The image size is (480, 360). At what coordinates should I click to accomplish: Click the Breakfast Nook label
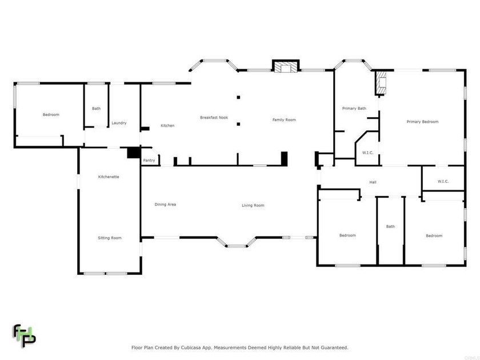point(214,118)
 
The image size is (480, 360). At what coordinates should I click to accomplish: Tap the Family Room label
point(284,120)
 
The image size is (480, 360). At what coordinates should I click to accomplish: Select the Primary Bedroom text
point(422,122)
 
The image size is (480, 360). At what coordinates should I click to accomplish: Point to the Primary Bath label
point(354,109)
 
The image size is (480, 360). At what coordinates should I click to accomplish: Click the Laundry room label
point(119,123)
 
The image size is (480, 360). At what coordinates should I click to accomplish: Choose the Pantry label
point(149,161)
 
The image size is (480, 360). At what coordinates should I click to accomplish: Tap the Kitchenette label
point(109,177)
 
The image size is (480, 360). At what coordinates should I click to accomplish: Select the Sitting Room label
point(109,238)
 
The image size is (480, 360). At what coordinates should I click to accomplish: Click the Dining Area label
point(165,205)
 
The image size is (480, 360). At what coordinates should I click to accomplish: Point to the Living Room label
point(253,206)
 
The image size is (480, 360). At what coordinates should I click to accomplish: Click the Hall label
point(373,182)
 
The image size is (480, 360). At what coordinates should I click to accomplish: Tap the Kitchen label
point(167,126)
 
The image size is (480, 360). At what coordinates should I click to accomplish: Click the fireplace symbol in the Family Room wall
point(285,67)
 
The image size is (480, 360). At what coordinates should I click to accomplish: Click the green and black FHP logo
point(25,335)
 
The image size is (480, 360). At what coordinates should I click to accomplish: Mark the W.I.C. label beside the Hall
point(443,182)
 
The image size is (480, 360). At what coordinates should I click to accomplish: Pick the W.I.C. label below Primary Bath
point(367,153)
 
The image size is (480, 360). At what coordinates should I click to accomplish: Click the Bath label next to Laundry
point(96,109)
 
